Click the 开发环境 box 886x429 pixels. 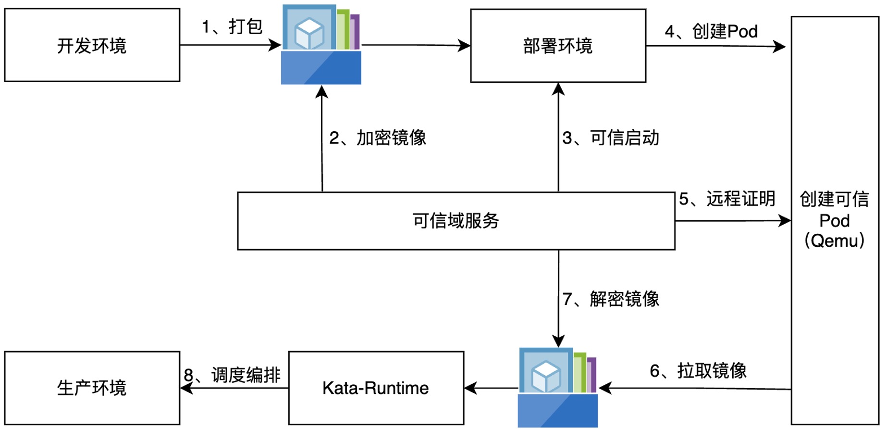pyautogui.click(x=92, y=45)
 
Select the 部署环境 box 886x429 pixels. pyautogui.click(x=558, y=46)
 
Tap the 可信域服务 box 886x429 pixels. pyautogui.click(x=456, y=221)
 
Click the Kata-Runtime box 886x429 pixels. pyautogui.click(x=376, y=388)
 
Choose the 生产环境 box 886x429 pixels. pyautogui.click(x=92, y=388)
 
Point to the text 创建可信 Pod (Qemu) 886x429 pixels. pyautogui.click(x=835, y=220)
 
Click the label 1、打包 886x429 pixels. pyautogui.click(x=232, y=26)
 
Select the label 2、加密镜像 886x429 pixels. pyautogui.click(x=378, y=138)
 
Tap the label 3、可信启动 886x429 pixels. pyautogui.click(x=611, y=138)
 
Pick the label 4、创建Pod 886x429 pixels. pyautogui.click(x=711, y=32)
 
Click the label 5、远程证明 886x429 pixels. pyautogui.click(x=727, y=199)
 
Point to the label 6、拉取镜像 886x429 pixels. pyautogui.click(x=698, y=371)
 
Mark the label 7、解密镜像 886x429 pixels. pyautogui.click(x=611, y=299)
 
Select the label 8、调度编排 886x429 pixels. pyautogui.click(x=232, y=375)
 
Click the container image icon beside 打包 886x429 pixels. pyautogui.click(x=321, y=45)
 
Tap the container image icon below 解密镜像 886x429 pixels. pyautogui.click(x=558, y=388)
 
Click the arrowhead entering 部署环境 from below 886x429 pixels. pyautogui.click(x=558, y=89)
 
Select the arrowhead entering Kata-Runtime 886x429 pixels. pyautogui.click(x=470, y=388)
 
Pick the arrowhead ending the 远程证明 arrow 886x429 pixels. pyautogui.click(x=785, y=221)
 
